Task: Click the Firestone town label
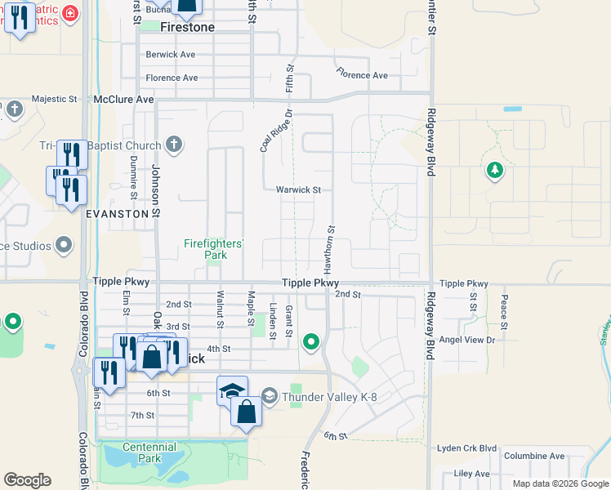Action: click(187, 27)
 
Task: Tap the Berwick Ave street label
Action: click(171, 55)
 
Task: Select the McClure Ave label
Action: click(123, 99)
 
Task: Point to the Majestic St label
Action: click(54, 99)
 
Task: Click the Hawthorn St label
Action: click(331, 249)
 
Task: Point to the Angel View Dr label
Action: click(467, 339)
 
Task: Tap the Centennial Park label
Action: click(149, 452)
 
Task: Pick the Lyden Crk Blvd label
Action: click(466, 448)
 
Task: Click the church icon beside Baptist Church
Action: click(172, 145)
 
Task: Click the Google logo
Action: click(27, 480)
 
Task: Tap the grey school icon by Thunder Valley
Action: click(271, 398)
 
